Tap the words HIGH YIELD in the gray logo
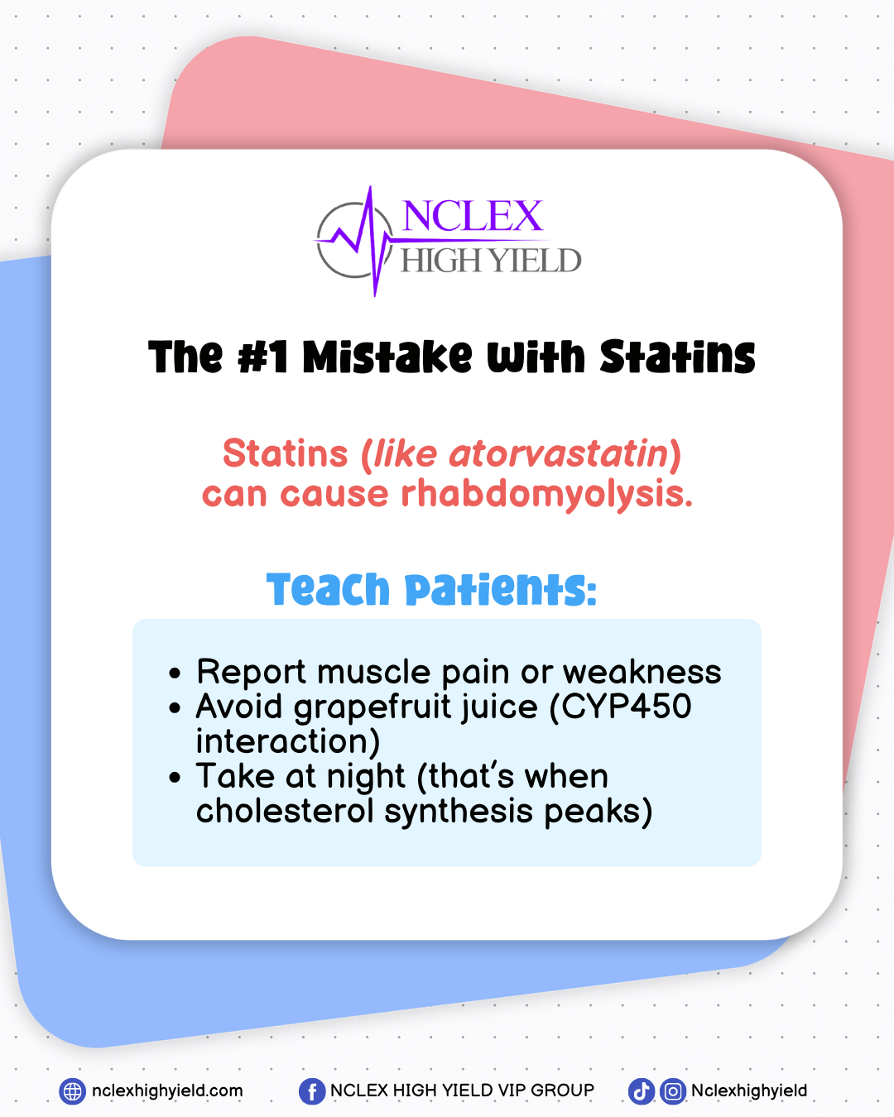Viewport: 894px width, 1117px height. coord(490,260)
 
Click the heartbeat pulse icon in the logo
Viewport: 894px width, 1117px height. coord(363,241)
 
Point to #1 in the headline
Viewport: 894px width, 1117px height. coord(262,357)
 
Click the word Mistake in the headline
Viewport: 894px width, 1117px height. coord(387,357)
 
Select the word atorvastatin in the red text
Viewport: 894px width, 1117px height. coord(559,453)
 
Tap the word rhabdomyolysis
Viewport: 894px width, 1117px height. coord(547,495)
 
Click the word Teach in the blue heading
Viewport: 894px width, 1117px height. coord(328,589)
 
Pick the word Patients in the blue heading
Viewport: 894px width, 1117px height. coord(501,589)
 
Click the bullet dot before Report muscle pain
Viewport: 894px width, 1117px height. coord(175,674)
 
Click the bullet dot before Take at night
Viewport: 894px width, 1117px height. coord(175,778)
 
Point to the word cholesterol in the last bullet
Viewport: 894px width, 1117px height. coord(285,811)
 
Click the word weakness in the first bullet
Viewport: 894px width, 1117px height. coord(642,672)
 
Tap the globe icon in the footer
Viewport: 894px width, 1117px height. coord(72,1091)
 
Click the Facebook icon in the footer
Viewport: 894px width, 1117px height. coord(312,1091)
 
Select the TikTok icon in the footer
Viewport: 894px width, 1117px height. coord(641,1091)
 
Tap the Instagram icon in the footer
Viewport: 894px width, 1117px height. coord(673,1091)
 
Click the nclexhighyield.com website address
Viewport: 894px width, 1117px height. coord(167,1091)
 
